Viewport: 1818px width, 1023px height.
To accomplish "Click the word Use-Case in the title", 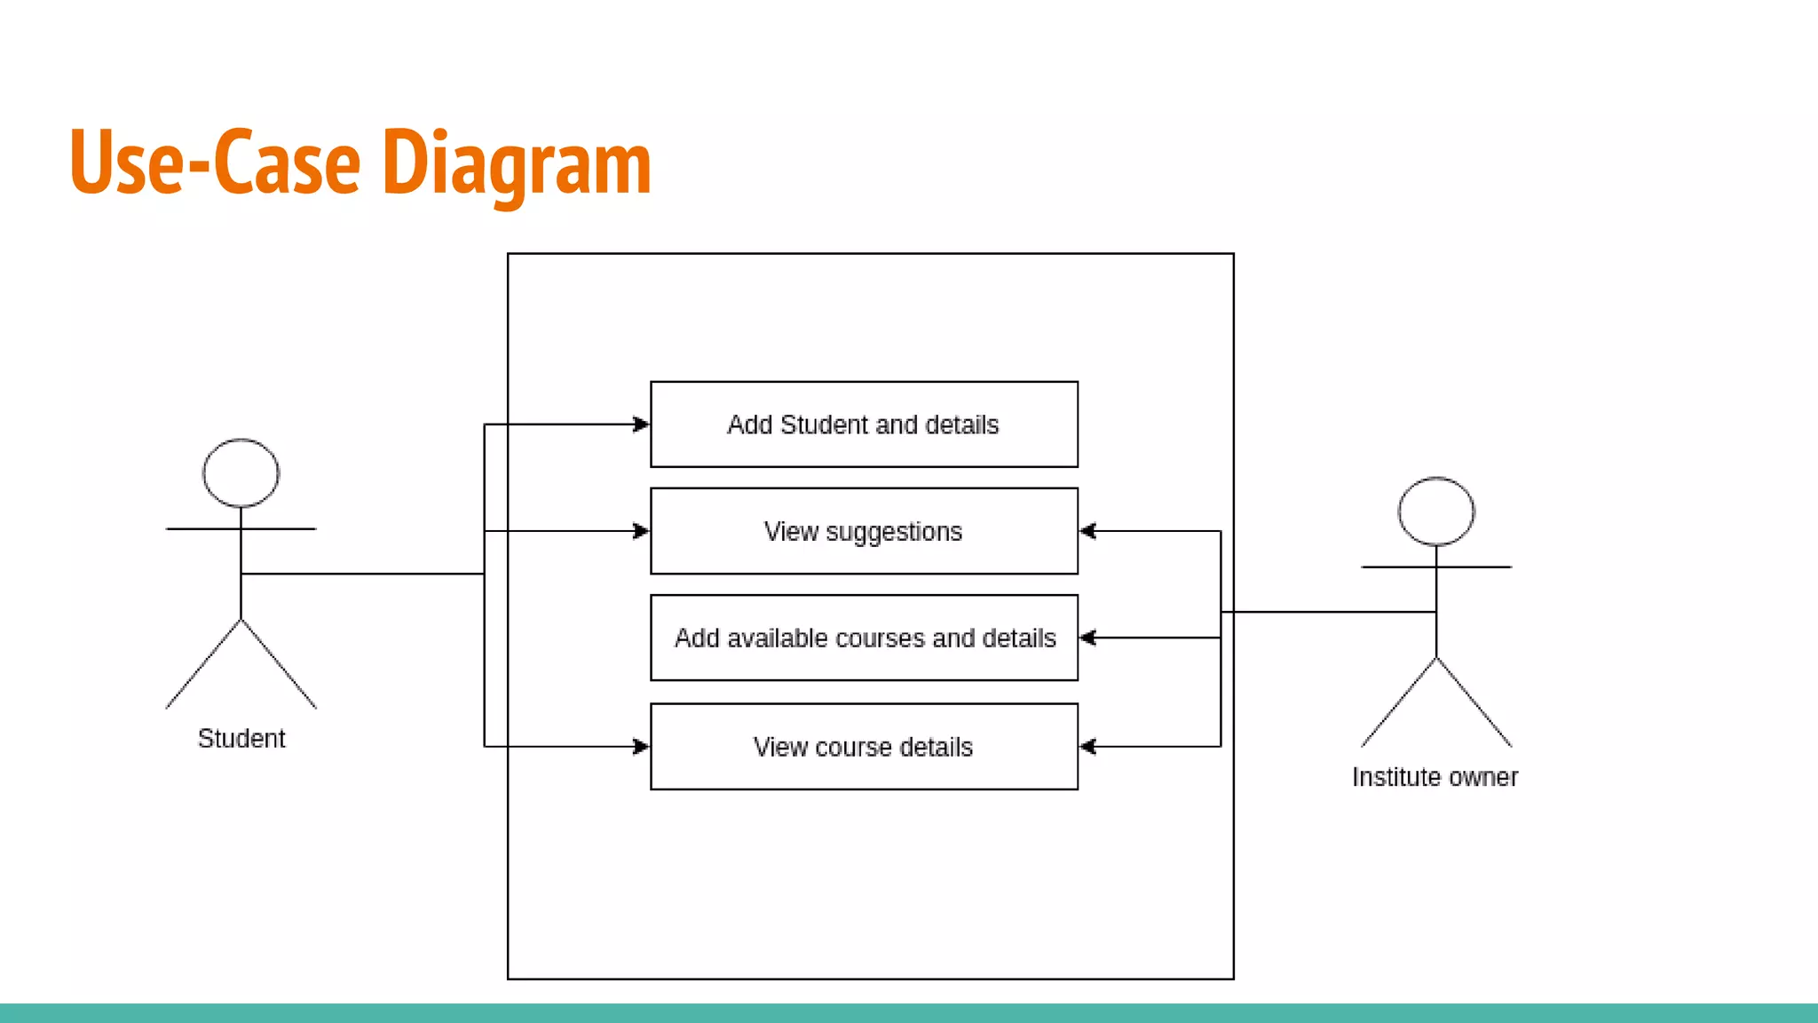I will click(215, 163).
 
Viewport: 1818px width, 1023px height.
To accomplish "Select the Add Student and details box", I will click(864, 424).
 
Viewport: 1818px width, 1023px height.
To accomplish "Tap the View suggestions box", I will click(864, 531).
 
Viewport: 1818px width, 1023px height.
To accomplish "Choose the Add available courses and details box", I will click(864, 638).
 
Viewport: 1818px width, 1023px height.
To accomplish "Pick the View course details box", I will click(864, 747).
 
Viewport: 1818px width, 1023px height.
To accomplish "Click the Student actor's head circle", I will click(241, 473).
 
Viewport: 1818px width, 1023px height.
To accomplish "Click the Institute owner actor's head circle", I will click(1435, 511).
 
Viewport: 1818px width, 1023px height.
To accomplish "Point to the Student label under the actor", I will click(241, 739).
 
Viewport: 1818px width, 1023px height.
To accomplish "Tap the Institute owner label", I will click(1435, 777).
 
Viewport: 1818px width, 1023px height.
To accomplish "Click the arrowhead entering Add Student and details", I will click(641, 424).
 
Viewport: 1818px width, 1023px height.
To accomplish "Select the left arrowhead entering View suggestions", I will click(641, 531).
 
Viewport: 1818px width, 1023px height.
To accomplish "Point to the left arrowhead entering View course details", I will click(641, 747).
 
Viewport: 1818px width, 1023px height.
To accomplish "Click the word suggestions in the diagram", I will click(894, 532).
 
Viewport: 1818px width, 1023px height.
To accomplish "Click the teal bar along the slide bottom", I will click(909, 1013).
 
